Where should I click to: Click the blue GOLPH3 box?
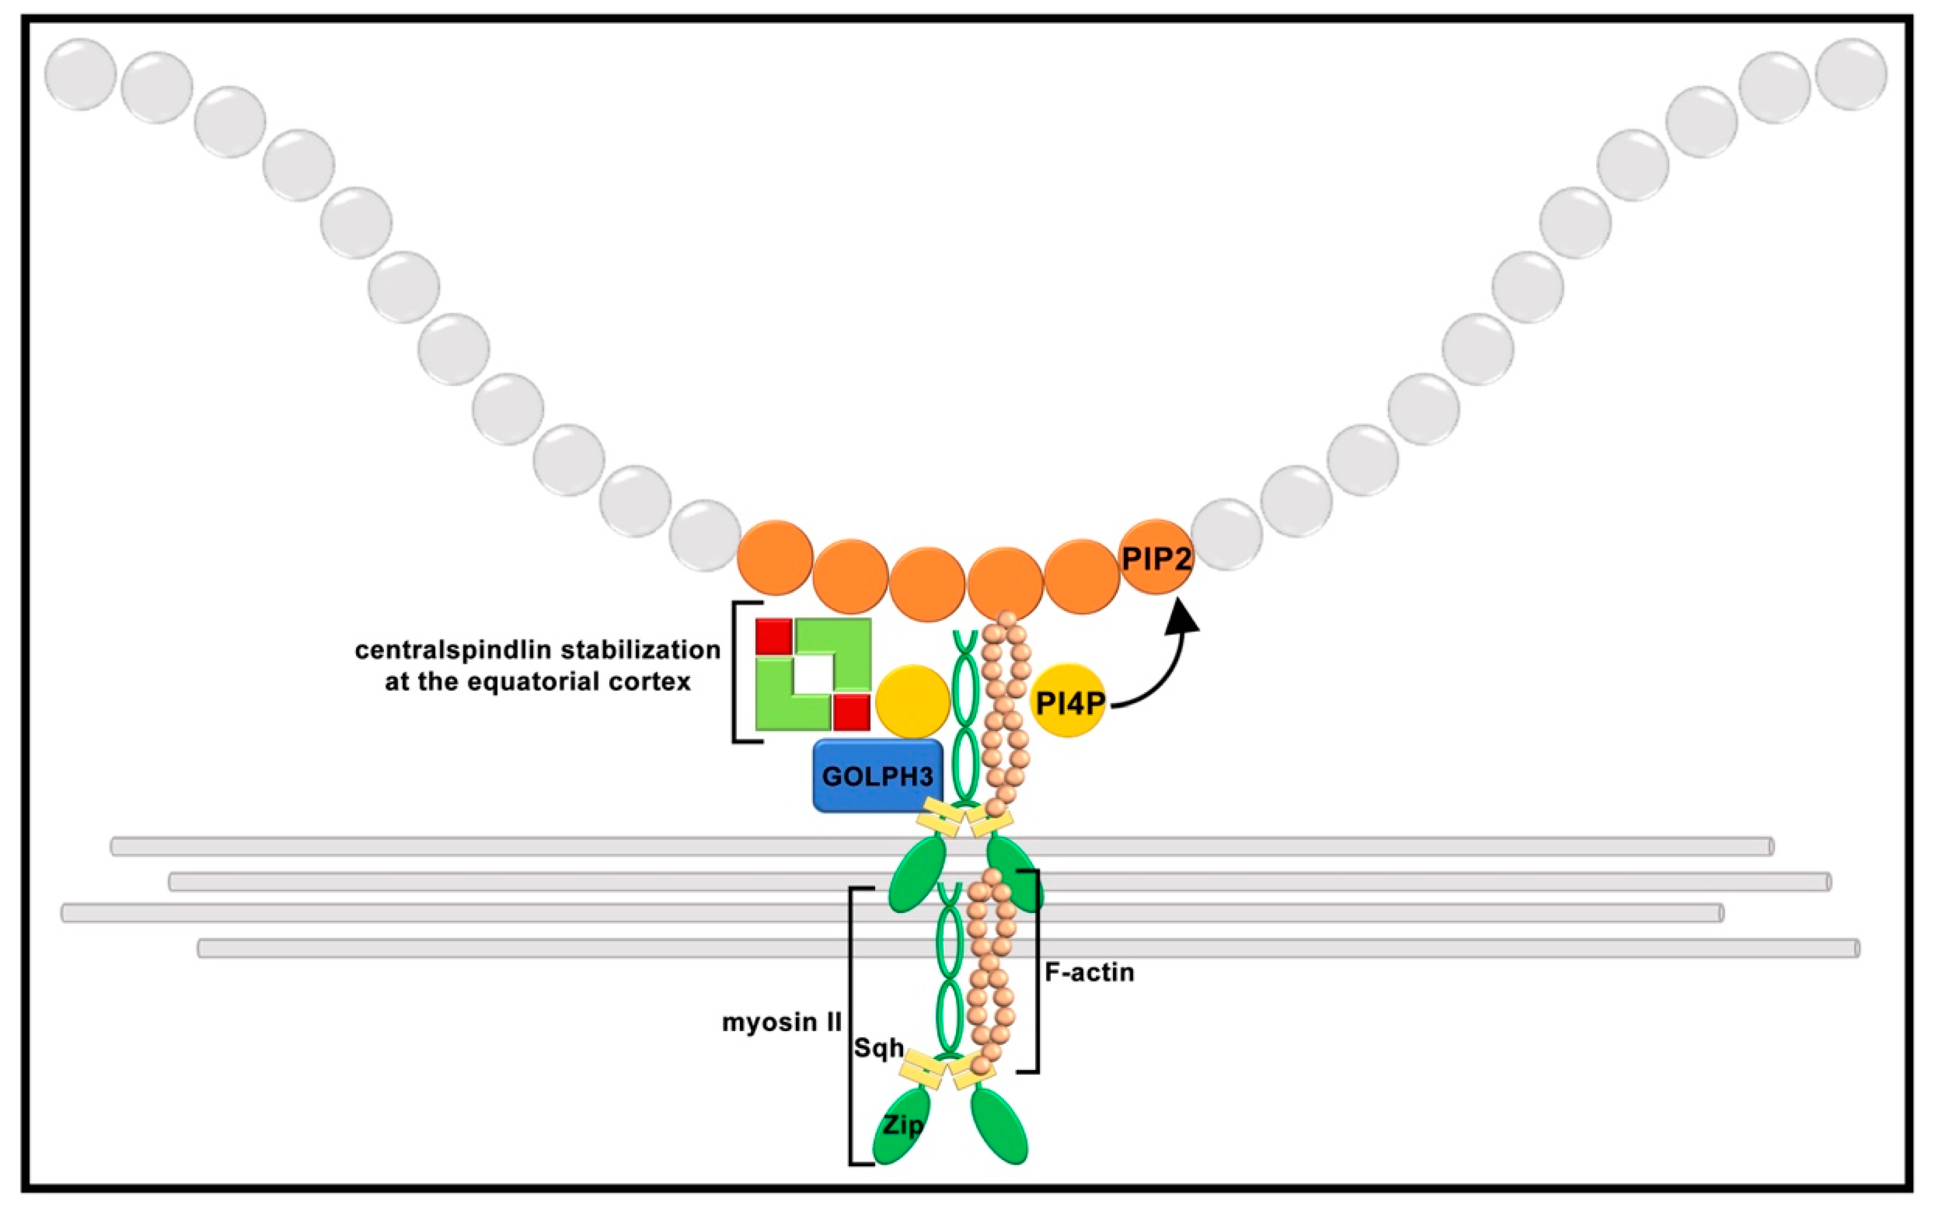[876, 775]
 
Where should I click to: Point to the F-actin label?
[1089, 973]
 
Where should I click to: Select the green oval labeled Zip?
[900, 1125]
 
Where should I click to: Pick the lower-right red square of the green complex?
[851, 712]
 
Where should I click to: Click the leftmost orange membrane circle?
[775, 557]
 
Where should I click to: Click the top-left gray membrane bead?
[80, 74]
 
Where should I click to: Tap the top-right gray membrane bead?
[1851, 74]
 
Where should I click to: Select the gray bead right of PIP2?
[1227, 534]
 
